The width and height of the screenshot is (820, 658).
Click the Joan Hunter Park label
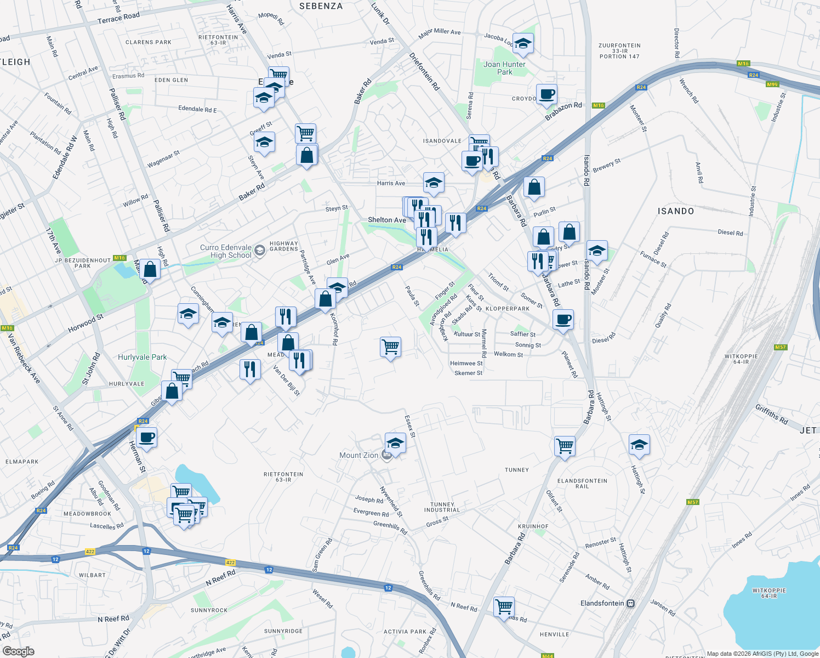click(x=504, y=68)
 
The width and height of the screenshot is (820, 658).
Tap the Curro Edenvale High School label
click(x=226, y=251)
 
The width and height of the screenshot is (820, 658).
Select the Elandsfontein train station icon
click(x=631, y=603)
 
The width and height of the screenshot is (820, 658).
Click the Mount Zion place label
click(x=358, y=455)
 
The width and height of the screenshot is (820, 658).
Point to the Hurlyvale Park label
click(x=143, y=357)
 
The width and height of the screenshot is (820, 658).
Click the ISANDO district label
click(x=675, y=211)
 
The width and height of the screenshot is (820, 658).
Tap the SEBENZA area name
click(x=321, y=6)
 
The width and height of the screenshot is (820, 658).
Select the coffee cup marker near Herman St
click(x=146, y=438)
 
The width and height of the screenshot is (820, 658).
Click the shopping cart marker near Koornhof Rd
click(x=390, y=347)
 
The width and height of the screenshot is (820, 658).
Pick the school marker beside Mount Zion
click(x=395, y=443)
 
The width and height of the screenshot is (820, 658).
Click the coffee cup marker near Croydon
click(x=546, y=94)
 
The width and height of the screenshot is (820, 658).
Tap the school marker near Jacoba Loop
click(x=523, y=43)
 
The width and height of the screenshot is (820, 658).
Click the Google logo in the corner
click(x=18, y=651)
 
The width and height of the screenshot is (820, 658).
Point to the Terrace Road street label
click(x=118, y=18)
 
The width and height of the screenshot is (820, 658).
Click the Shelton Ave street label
click(x=387, y=220)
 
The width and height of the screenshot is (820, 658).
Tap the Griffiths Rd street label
click(x=771, y=415)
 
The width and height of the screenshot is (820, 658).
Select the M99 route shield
click(x=772, y=84)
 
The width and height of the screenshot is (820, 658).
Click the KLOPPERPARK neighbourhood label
click(x=508, y=309)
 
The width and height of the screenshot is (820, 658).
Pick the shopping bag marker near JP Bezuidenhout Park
click(x=150, y=270)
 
